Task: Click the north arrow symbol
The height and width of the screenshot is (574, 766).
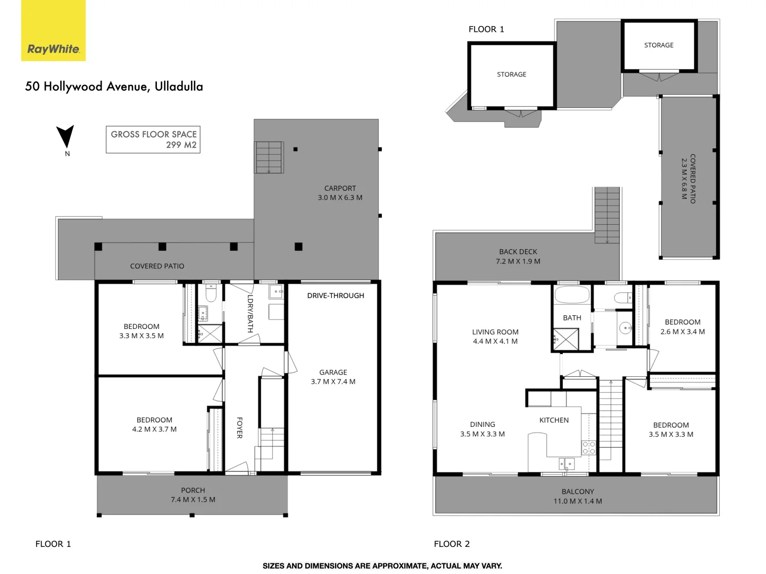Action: [x=65, y=137]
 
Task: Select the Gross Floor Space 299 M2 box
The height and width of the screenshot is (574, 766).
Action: [x=153, y=140]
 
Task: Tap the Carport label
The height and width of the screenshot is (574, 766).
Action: [x=340, y=193]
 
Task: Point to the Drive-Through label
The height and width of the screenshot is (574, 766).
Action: [x=336, y=296]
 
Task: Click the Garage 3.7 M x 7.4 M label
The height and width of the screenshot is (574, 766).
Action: [x=333, y=377]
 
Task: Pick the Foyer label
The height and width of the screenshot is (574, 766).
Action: [x=239, y=428]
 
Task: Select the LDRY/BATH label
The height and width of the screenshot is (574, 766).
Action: [x=250, y=314]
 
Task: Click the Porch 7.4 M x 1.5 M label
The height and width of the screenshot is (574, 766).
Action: [x=193, y=495]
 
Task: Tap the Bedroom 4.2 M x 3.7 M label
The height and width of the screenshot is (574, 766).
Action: [x=154, y=425]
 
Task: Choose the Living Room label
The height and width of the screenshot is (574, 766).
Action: [x=495, y=336]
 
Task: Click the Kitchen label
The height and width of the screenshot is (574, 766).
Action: [x=554, y=420]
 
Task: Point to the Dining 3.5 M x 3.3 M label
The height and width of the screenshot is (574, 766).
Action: [x=482, y=429]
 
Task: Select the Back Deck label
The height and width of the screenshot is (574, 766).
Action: [x=518, y=256]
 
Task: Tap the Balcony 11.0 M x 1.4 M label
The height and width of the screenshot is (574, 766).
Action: [x=578, y=496]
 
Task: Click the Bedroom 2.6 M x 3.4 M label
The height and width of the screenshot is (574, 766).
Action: [x=682, y=327]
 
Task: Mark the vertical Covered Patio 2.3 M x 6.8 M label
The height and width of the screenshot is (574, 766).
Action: [x=688, y=179]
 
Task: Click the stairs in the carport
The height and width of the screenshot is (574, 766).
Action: [x=269, y=157]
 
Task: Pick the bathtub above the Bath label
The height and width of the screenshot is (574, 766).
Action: [x=572, y=296]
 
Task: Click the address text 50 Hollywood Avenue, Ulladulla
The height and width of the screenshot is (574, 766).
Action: [x=114, y=87]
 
